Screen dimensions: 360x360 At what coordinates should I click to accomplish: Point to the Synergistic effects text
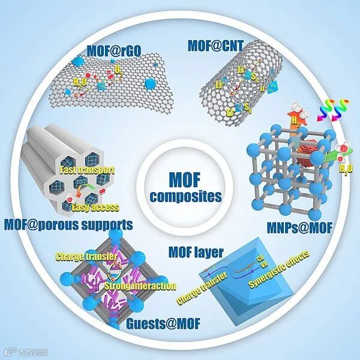[274, 265]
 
